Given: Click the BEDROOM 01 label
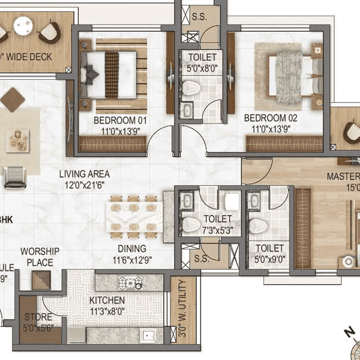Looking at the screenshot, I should click(120, 120).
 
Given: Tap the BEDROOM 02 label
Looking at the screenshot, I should click(271, 118).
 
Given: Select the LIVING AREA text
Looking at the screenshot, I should click(84, 174).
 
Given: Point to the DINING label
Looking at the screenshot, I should click(132, 249).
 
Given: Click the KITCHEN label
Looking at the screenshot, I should click(107, 300).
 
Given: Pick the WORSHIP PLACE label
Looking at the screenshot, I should click(37, 257).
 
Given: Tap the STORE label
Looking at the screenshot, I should click(38, 317).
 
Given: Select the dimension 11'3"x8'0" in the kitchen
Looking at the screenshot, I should click(107, 311).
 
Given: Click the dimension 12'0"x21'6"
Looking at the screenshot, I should click(84, 185).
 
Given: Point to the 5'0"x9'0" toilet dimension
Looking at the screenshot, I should click(269, 259).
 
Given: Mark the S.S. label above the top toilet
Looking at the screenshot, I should click(199, 17).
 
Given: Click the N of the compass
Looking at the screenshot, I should click(347, 331).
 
